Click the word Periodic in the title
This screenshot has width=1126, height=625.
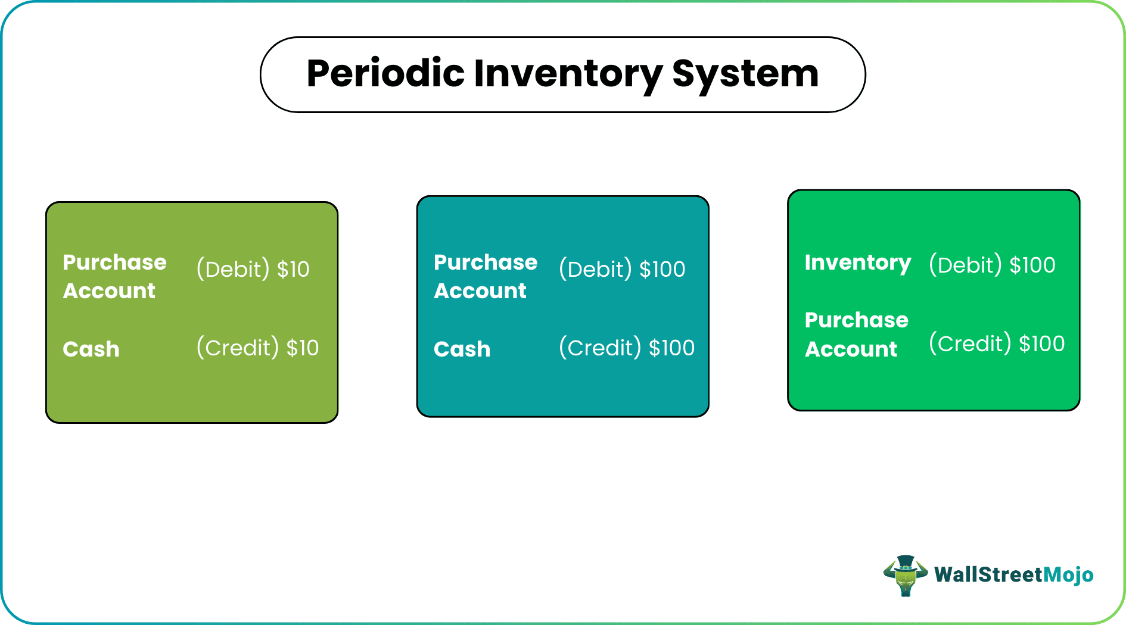click(x=385, y=74)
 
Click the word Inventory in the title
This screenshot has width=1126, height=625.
click(x=568, y=74)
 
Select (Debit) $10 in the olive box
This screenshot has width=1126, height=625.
click(x=253, y=269)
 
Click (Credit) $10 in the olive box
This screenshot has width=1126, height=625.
click(x=257, y=348)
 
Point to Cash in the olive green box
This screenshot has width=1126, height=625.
click(x=91, y=349)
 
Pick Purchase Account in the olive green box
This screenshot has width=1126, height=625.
click(x=114, y=276)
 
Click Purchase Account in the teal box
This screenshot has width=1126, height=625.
click(x=485, y=276)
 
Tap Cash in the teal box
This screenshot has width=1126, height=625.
click(x=462, y=349)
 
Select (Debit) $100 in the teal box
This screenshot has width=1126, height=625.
click(x=622, y=269)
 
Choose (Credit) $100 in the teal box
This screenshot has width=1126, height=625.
click(x=627, y=348)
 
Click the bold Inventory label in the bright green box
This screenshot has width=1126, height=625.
click(x=857, y=262)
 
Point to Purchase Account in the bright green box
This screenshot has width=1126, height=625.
click(x=856, y=335)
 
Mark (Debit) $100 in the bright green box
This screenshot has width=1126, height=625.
click(x=992, y=265)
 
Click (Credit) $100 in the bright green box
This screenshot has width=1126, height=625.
click(x=997, y=343)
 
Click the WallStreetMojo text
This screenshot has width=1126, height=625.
click(x=1013, y=574)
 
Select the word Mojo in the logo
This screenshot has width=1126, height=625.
click(x=1068, y=574)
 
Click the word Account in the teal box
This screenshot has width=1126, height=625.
click(x=480, y=291)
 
